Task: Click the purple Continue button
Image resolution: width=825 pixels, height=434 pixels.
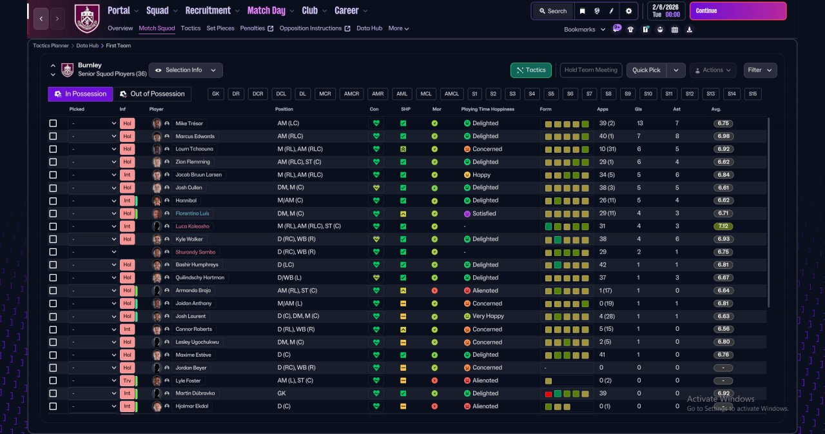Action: coord(738,11)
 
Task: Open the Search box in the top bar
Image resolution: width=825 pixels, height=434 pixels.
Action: coord(553,11)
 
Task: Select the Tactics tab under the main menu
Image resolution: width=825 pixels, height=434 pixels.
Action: coord(190,28)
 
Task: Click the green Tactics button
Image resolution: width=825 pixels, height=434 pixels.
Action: coord(530,70)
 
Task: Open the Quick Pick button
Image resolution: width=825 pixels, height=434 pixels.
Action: coord(646,70)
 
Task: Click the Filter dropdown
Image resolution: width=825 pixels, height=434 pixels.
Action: coord(760,70)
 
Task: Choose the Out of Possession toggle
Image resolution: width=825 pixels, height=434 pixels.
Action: coord(153,94)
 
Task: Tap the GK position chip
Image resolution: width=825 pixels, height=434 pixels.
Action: coord(215,94)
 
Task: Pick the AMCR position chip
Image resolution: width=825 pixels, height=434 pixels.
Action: coord(351,94)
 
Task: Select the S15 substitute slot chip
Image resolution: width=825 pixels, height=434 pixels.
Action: coord(752,94)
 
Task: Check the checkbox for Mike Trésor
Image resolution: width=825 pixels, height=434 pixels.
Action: coord(53,123)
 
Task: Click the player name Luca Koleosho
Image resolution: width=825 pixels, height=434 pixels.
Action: coord(192,226)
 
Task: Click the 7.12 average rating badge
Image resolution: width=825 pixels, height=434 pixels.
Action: coord(723,226)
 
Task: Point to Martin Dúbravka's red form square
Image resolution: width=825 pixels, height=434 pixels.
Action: coord(548,394)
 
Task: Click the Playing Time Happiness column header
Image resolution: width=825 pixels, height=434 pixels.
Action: coord(488,109)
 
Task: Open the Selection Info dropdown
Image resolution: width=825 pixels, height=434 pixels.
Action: coord(186,70)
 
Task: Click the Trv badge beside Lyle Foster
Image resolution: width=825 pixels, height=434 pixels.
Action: coord(127,380)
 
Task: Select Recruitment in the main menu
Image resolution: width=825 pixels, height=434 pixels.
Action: coord(208,11)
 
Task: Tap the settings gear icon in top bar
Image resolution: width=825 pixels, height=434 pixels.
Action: coord(628,11)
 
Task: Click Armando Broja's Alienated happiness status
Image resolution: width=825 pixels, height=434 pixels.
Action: coord(485,291)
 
